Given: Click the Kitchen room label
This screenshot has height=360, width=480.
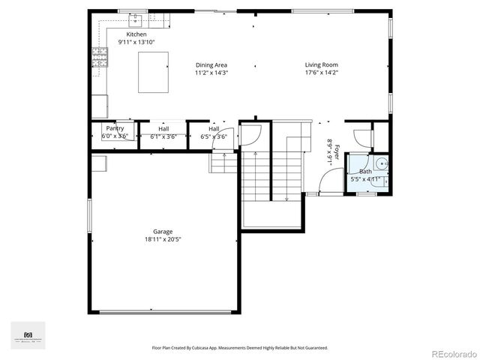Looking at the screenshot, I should pyautogui.click(x=136, y=34).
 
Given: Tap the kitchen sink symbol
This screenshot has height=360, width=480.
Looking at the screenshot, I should pyautogui.click(x=136, y=19).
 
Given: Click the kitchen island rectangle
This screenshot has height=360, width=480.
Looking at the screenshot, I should pyautogui.click(x=153, y=72).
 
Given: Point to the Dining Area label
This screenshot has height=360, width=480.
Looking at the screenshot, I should pyautogui.click(x=211, y=65).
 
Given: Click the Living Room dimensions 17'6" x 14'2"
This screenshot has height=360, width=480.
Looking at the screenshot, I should pyautogui.click(x=322, y=73).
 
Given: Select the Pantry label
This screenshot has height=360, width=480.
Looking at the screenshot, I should pyautogui.click(x=115, y=128).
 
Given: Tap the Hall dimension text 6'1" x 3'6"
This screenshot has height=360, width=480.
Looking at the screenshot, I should pyautogui.click(x=163, y=136).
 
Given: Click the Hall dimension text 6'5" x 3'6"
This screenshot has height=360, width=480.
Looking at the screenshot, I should pyautogui.click(x=214, y=136).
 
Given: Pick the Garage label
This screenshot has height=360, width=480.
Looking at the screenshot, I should pyautogui.click(x=163, y=232).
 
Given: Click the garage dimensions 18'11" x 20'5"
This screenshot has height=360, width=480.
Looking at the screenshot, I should pyautogui.click(x=163, y=239).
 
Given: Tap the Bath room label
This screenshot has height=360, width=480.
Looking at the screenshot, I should pyautogui.click(x=365, y=172).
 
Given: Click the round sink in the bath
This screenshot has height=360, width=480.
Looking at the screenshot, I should pyautogui.click(x=380, y=163).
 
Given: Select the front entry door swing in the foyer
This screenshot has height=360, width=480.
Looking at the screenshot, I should pyautogui.click(x=330, y=180).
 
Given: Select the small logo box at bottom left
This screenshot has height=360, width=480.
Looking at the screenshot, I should pyautogui.click(x=28, y=335).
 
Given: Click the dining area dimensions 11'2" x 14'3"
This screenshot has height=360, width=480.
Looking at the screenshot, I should pyautogui.click(x=211, y=73).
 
